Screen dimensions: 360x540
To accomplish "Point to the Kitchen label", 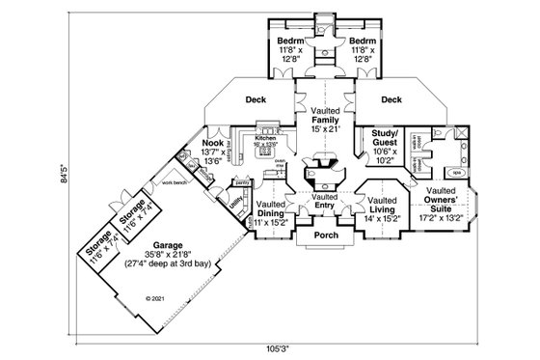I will point(265,138).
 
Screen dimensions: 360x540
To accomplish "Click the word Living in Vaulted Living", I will point(379,209).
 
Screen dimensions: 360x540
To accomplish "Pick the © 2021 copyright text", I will point(153,298).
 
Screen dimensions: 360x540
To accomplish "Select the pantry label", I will point(242,180).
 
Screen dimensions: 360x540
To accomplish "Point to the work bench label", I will point(174,183).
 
